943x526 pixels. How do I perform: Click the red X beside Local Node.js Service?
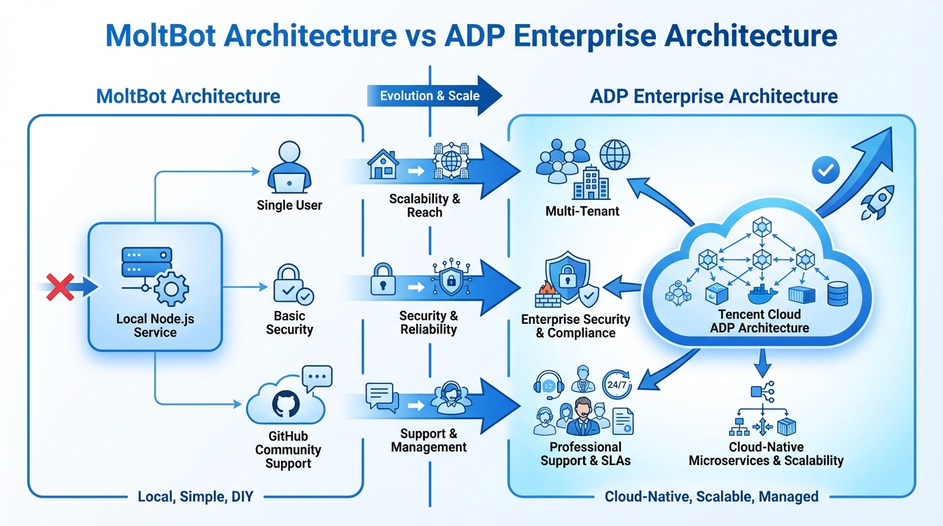(x=59, y=286)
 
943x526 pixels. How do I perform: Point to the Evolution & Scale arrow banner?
(x=433, y=96)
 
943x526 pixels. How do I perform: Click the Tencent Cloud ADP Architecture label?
(x=759, y=321)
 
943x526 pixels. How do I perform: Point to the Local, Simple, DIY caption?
(x=195, y=497)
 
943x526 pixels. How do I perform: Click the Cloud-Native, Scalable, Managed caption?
(x=711, y=497)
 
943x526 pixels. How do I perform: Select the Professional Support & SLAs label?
(x=585, y=453)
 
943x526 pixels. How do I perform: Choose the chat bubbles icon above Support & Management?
(x=382, y=398)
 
